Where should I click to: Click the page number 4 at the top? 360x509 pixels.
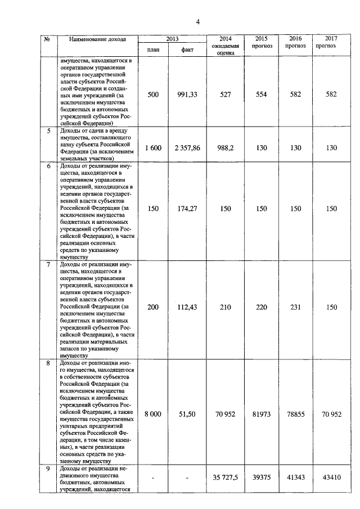[x=197, y=22]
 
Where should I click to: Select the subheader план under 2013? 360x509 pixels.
[x=153, y=50]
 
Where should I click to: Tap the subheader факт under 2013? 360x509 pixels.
[x=187, y=50]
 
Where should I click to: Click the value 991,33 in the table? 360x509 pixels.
[x=187, y=94]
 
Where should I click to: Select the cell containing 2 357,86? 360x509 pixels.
[x=187, y=147]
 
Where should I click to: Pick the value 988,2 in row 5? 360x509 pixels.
[x=225, y=147]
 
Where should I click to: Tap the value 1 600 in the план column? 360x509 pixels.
[x=153, y=147]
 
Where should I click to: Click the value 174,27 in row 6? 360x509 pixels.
[x=187, y=209]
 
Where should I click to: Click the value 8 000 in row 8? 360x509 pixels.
[x=153, y=413]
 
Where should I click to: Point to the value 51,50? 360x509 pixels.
[x=187, y=413]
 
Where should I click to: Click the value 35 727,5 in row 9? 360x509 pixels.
[x=225, y=478]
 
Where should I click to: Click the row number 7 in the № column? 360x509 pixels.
[x=48, y=264]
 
